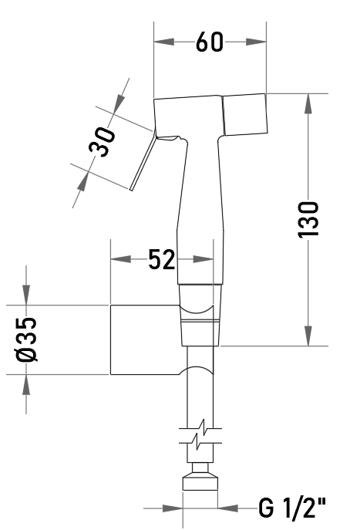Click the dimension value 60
pyautogui.click(x=210, y=42)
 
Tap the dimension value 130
pyautogui.click(x=308, y=220)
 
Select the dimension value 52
pyautogui.click(x=162, y=259)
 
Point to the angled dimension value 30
pyautogui.click(x=102, y=142)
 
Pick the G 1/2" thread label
pyautogui.click(x=292, y=508)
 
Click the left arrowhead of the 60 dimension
pyautogui.click(x=164, y=42)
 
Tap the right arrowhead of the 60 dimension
pyautogui.click(x=257, y=42)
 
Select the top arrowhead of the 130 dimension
pyautogui.click(x=308, y=104)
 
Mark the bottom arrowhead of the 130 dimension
pyautogui.click(x=308, y=336)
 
